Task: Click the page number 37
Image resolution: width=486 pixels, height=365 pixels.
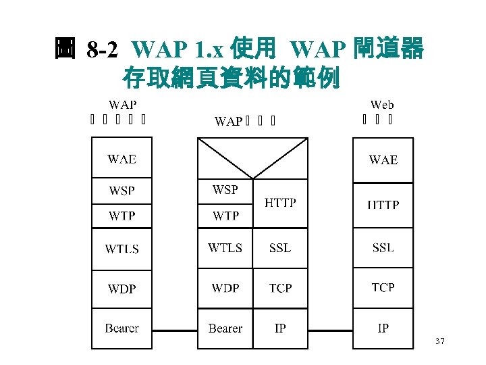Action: pyautogui.click(x=439, y=342)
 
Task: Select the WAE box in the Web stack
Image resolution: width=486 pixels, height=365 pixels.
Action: pyautogui.click(x=383, y=160)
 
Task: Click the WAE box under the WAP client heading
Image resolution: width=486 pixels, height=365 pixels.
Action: pyautogui.click(x=122, y=160)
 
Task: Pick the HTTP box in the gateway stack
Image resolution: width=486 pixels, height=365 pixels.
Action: pyautogui.click(x=280, y=203)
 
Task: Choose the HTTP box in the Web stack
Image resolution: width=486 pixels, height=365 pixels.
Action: pyautogui.click(x=383, y=205)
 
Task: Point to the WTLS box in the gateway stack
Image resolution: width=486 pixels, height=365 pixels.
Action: pyautogui.click(x=225, y=248)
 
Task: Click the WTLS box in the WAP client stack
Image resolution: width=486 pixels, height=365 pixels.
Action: pyautogui.click(x=122, y=249)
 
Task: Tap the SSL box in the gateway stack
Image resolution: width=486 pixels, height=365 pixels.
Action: pyautogui.click(x=280, y=248)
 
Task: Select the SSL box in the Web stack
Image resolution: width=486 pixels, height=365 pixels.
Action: pyautogui.click(x=383, y=248)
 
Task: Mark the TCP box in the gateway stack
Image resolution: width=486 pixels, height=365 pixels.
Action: pyautogui.click(x=280, y=289)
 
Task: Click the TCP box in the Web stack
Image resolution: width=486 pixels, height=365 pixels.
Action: pyautogui.click(x=383, y=288)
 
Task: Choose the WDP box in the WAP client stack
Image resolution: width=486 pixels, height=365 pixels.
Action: pyautogui.click(x=122, y=289)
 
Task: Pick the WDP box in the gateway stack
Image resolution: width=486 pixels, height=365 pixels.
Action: pyautogui.click(x=225, y=289)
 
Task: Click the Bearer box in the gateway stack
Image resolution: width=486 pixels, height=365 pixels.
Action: pyautogui.click(x=225, y=328)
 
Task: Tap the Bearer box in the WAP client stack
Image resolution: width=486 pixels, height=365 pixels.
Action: pyautogui.click(x=122, y=328)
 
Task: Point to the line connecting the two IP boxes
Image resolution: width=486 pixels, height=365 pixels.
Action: pyautogui.click(x=330, y=330)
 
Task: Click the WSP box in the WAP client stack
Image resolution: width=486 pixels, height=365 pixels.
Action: pyautogui.click(x=122, y=191)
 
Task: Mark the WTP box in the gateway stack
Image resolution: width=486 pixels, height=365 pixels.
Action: pyautogui.click(x=225, y=216)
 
